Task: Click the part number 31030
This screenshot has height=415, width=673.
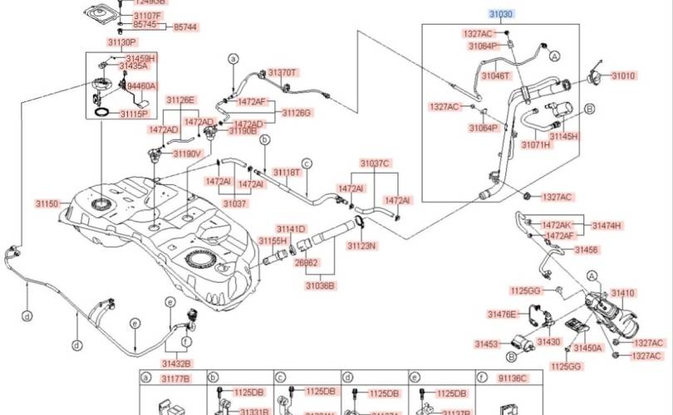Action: (x=500, y=14)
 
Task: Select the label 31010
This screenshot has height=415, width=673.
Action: (x=624, y=76)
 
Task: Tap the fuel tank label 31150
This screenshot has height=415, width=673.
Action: (x=47, y=203)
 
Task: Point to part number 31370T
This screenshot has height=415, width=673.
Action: (x=282, y=73)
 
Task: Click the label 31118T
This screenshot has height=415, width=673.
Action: (x=286, y=173)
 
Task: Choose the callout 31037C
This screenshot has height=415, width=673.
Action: (x=375, y=164)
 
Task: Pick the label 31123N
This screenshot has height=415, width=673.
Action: (x=361, y=247)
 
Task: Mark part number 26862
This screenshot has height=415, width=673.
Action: (x=306, y=262)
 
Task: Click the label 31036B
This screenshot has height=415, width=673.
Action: (x=319, y=285)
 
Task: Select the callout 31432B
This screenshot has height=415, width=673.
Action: (x=176, y=363)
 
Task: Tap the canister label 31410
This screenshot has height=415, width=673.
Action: (x=623, y=293)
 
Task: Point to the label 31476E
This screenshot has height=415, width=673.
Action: (x=502, y=314)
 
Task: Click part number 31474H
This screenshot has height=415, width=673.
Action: (x=607, y=225)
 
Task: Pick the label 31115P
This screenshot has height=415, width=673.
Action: (x=133, y=114)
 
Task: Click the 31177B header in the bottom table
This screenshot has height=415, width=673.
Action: (x=175, y=378)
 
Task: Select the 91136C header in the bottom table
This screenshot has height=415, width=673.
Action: (x=513, y=378)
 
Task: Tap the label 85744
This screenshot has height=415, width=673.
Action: (x=185, y=27)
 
